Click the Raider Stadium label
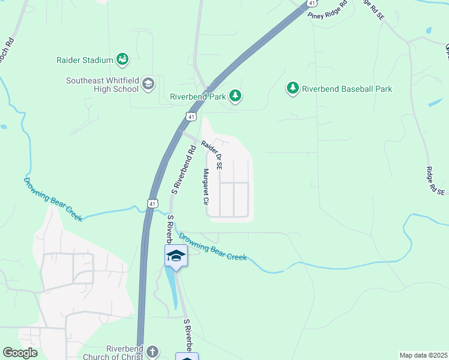click(x=85, y=60)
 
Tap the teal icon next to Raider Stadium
click(x=122, y=59)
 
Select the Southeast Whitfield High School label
click(x=102, y=85)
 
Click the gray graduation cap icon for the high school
click(x=148, y=85)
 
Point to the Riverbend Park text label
click(x=197, y=96)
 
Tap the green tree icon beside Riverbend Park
click(x=235, y=96)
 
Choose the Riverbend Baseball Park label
click(x=347, y=89)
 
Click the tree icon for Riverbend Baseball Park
click(x=293, y=89)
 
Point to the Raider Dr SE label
click(x=212, y=154)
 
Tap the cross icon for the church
click(x=152, y=351)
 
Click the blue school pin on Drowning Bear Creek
click(x=176, y=256)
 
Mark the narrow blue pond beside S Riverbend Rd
click(x=172, y=288)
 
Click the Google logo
click(x=20, y=353)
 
